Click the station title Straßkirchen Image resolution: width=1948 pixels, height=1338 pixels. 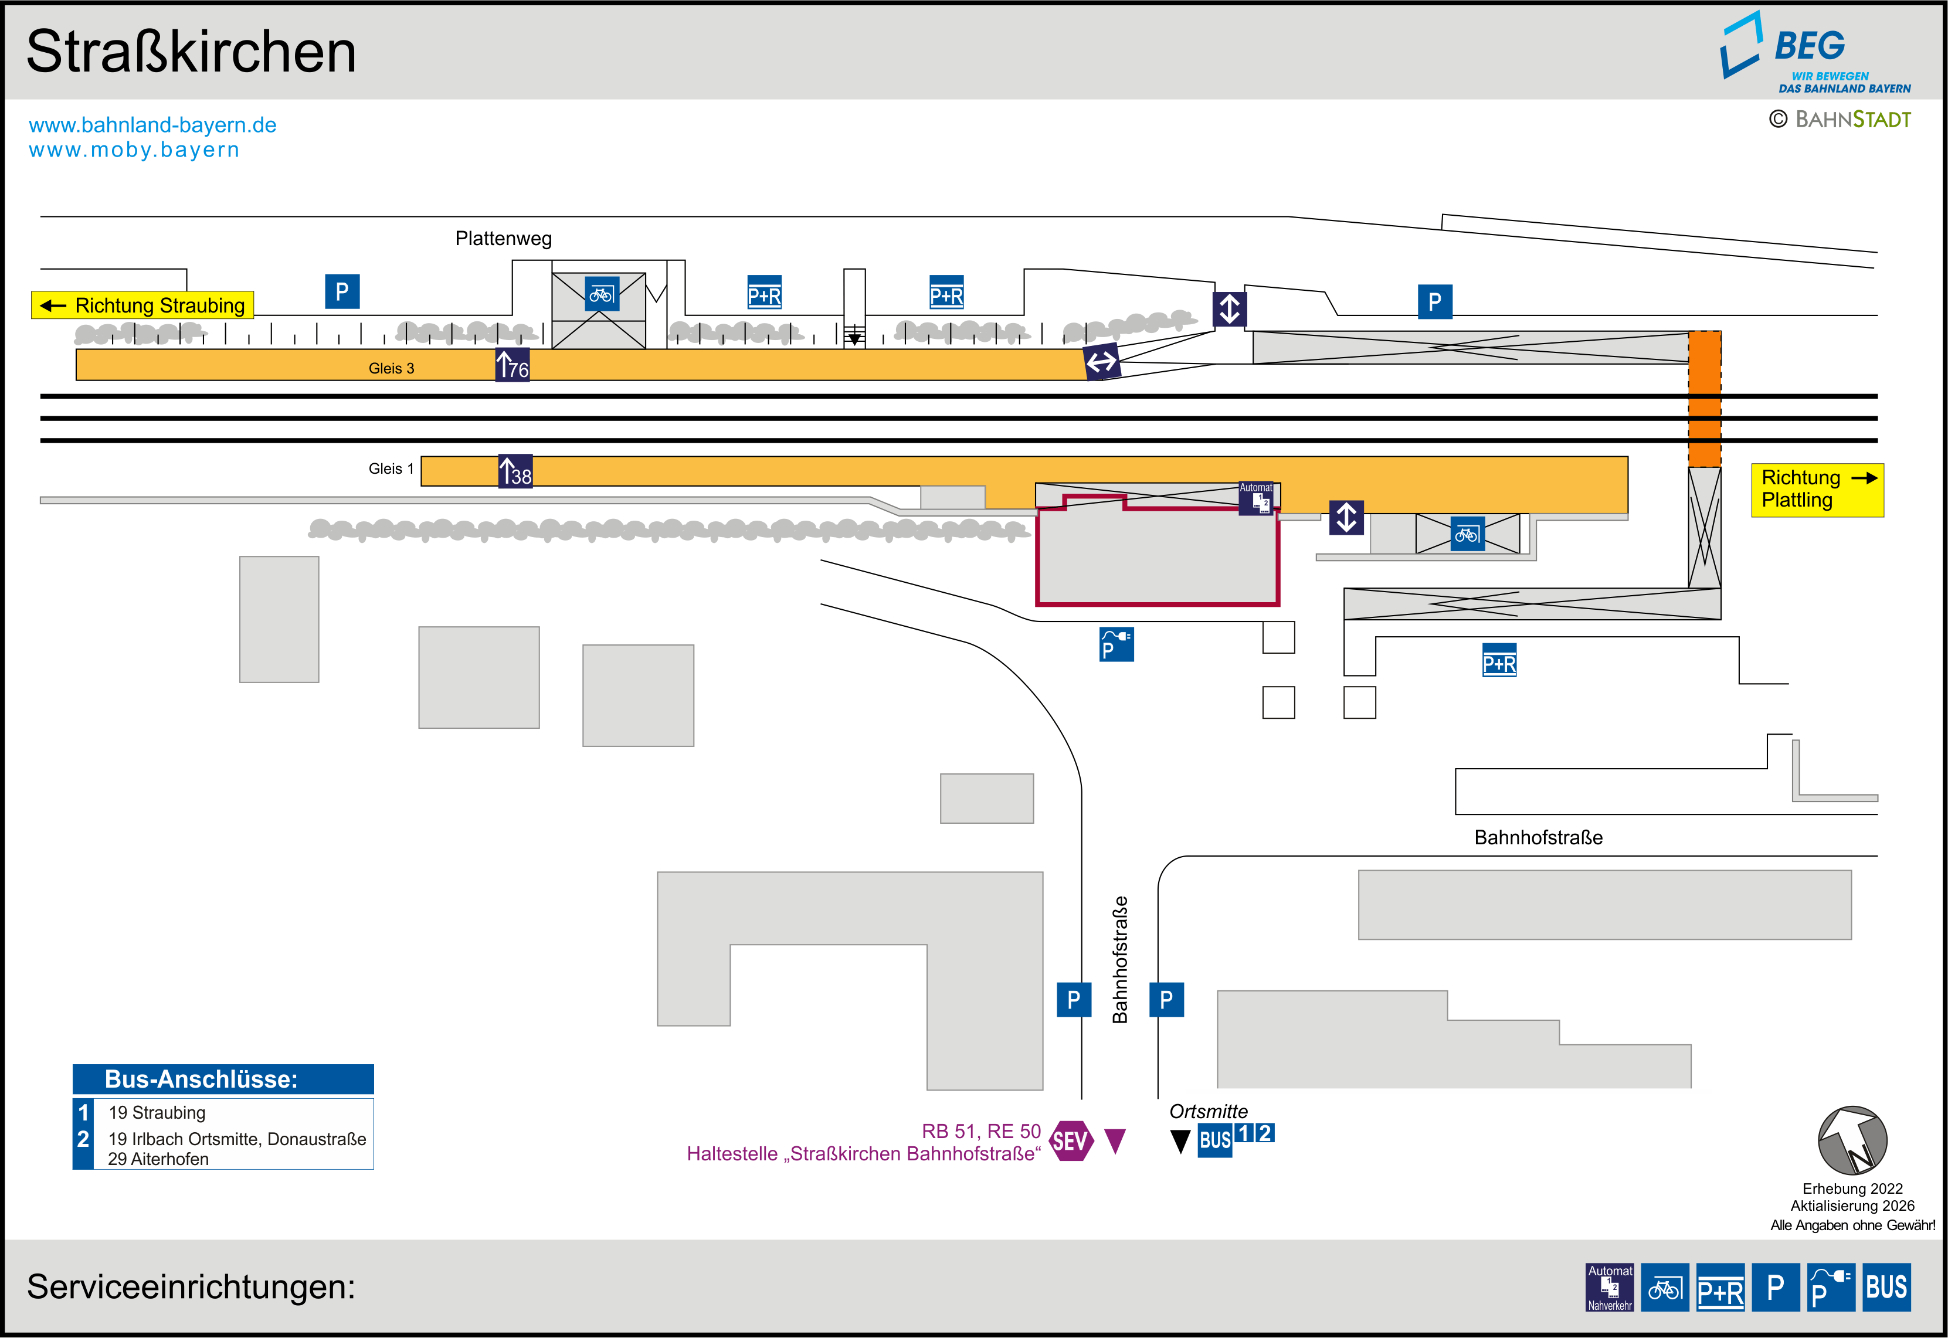(x=191, y=52)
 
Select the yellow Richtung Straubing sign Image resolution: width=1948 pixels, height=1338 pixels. (x=142, y=305)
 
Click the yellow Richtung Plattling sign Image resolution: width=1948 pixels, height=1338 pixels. (x=1817, y=490)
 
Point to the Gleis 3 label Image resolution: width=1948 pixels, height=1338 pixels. (x=392, y=368)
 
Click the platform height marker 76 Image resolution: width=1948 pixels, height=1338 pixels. (x=512, y=365)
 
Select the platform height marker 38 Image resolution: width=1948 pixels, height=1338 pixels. (x=515, y=471)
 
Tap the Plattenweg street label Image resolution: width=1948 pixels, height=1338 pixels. (x=504, y=239)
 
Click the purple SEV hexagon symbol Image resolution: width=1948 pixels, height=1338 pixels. (x=1071, y=1141)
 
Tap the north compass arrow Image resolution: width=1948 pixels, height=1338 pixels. (x=1852, y=1140)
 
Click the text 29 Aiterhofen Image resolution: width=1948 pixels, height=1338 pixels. (x=158, y=1159)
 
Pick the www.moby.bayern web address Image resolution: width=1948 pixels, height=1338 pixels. (x=134, y=150)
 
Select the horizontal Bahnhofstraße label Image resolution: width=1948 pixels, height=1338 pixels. (x=1538, y=837)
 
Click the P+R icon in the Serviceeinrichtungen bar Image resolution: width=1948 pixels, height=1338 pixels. (x=1720, y=1287)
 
